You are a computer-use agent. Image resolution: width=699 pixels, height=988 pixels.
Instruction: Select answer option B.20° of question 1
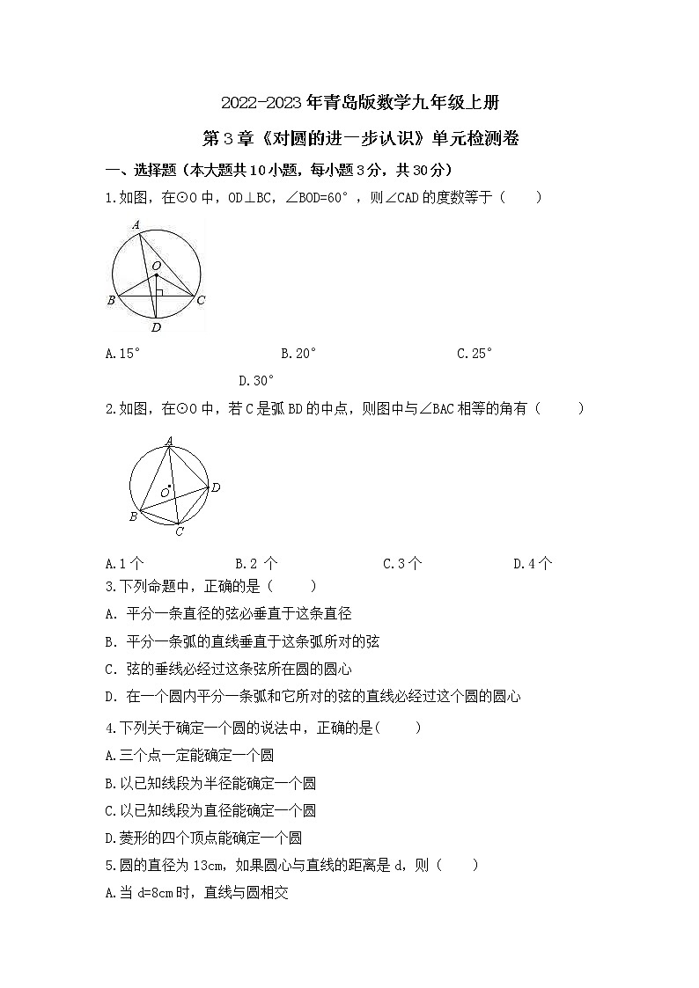pyautogui.click(x=298, y=354)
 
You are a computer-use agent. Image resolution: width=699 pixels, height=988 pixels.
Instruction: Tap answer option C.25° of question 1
pyautogui.click(x=475, y=354)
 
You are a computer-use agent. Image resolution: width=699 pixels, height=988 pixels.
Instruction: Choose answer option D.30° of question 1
pyautogui.click(x=257, y=381)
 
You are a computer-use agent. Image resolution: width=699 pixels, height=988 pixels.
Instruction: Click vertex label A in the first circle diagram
pyautogui.click(x=136, y=225)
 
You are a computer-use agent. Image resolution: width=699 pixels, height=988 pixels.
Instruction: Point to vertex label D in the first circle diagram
pyautogui.click(x=156, y=328)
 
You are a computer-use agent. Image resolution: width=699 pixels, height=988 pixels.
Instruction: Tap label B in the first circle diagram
pyautogui.click(x=112, y=301)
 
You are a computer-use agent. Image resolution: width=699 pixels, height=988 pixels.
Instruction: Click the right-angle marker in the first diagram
pyautogui.click(x=159, y=291)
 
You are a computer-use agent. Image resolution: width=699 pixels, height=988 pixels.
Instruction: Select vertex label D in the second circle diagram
pyautogui.click(x=215, y=487)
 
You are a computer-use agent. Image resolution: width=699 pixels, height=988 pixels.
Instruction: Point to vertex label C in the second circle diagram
pyautogui.click(x=179, y=531)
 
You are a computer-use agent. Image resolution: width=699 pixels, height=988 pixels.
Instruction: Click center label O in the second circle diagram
pyautogui.click(x=164, y=493)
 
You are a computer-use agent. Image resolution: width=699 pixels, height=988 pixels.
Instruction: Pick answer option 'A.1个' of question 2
pyautogui.click(x=124, y=564)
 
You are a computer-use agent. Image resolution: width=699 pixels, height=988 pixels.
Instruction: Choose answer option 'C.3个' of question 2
pyautogui.click(x=402, y=564)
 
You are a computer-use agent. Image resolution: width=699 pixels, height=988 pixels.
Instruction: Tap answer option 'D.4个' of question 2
pyautogui.click(x=533, y=564)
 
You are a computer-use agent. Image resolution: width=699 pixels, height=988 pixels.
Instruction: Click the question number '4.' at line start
pyautogui.click(x=110, y=728)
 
